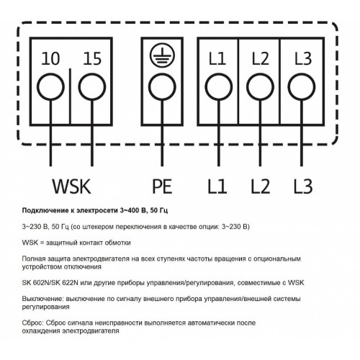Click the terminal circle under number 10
point(50,73)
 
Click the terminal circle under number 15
point(92,73)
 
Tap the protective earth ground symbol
point(162,55)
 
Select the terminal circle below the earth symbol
point(162,73)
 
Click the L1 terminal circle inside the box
point(219,73)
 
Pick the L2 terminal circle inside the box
point(260,73)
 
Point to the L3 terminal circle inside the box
point(302,73)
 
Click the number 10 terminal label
point(50,58)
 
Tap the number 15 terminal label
point(92,58)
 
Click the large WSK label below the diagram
point(72,186)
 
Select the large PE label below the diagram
point(162,186)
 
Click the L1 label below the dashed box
point(217,186)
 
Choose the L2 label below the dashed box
point(261,186)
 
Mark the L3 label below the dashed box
point(303,186)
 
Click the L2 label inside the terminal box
point(261,58)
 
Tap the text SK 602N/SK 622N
point(50,283)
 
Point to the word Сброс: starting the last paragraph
point(32,323)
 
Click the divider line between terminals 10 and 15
point(71,96)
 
